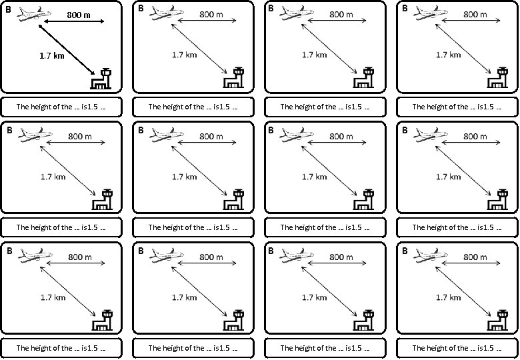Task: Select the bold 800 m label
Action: [79, 15]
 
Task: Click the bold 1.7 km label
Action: [52, 56]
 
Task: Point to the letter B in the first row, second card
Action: [141, 9]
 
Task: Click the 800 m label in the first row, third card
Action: [341, 15]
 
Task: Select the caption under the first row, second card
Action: [193, 106]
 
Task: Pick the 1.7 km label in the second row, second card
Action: [184, 177]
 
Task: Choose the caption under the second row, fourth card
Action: [457, 227]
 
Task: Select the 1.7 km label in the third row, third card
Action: [316, 297]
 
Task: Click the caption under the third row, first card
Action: [61, 348]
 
